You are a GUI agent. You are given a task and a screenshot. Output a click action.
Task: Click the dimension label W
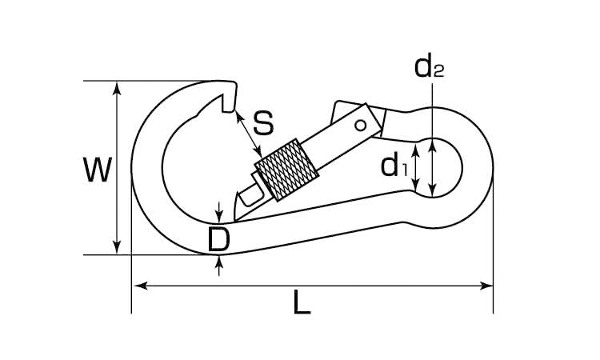tap(98, 170)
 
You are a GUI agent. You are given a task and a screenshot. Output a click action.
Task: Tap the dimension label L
tap(302, 302)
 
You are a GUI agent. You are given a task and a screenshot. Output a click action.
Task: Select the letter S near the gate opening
tap(264, 123)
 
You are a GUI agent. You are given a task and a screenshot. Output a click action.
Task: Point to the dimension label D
tap(219, 240)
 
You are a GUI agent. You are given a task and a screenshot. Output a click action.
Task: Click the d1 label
tap(394, 166)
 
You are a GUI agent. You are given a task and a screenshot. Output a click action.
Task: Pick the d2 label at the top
tap(430, 66)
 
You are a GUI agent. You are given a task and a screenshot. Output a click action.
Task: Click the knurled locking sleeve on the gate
tap(286, 170)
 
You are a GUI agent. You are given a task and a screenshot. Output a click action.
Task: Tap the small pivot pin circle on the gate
tap(361, 125)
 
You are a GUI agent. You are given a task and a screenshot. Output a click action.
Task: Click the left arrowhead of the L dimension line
tap(141, 286)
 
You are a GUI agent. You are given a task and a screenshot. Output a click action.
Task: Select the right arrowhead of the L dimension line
tap(486, 286)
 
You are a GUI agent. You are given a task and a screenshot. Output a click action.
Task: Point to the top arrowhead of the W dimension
tap(118, 88)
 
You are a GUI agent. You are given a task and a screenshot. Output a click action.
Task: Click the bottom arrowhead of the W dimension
tap(118, 247)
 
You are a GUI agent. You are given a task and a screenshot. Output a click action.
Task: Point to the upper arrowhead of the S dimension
tap(239, 116)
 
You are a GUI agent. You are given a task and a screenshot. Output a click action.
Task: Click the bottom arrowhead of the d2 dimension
tap(432, 190)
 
